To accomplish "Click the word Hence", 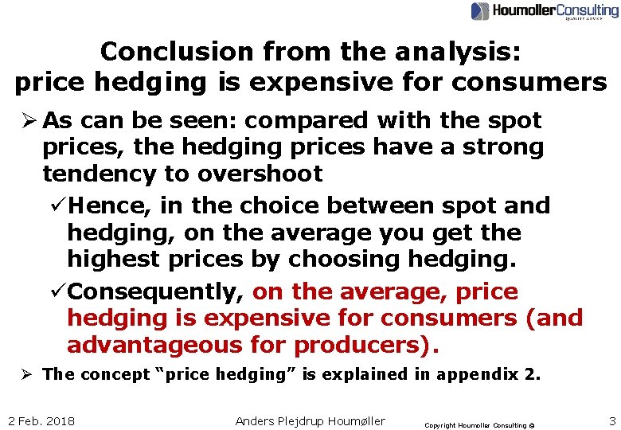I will (109, 205).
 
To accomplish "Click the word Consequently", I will (155, 292).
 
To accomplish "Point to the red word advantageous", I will (154, 346).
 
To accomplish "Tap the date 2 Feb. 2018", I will (41, 420).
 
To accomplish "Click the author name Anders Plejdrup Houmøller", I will (310, 420).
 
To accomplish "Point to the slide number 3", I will (611, 420).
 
